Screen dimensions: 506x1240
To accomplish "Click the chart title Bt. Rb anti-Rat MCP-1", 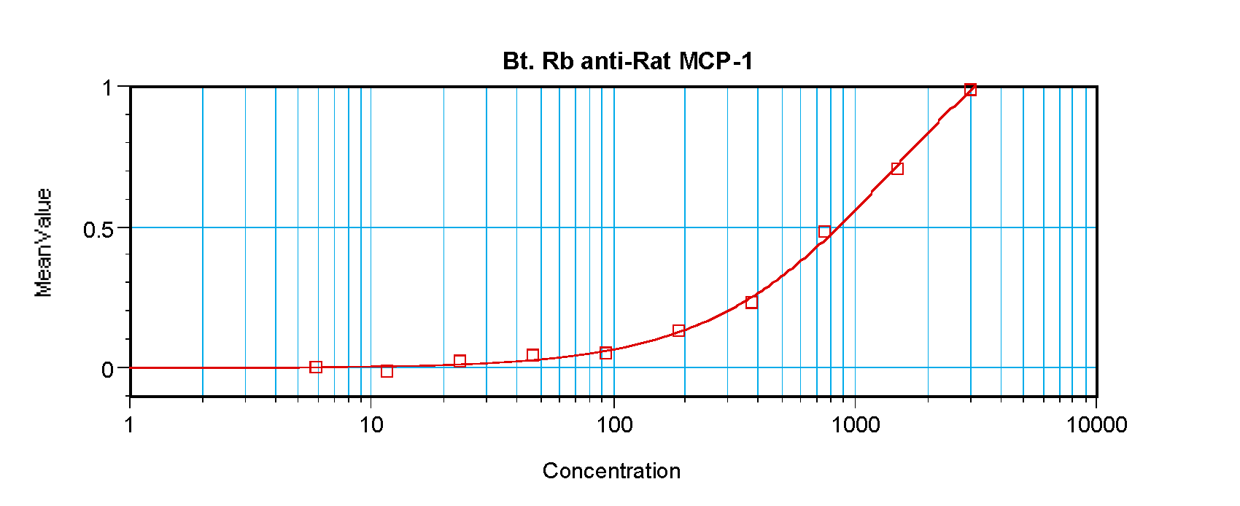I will click(x=627, y=61).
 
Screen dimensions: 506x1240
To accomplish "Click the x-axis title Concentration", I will click(x=611, y=471).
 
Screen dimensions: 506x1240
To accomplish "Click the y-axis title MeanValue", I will click(x=44, y=243).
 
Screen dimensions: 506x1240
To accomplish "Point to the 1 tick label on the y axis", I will click(x=108, y=88).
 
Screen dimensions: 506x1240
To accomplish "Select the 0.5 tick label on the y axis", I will click(x=98, y=230).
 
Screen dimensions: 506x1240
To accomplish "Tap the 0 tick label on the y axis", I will click(x=107, y=370).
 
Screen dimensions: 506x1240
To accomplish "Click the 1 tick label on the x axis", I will click(x=129, y=425).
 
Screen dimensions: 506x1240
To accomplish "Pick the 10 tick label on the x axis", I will click(x=371, y=425).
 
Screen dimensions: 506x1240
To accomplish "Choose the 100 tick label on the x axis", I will click(x=614, y=425).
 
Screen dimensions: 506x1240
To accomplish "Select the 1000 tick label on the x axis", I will click(x=856, y=425).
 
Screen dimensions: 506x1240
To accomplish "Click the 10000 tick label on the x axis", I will click(x=1096, y=425).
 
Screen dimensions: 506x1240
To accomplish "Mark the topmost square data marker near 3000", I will click(x=970, y=90).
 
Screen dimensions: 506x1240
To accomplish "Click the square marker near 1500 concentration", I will click(x=897, y=168).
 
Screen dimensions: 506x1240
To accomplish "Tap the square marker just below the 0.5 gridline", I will click(x=824, y=232).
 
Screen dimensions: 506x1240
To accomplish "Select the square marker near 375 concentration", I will click(x=751, y=302).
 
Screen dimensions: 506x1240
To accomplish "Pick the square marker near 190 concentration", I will click(x=678, y=331).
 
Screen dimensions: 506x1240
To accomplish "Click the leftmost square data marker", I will click(x=316, y=367).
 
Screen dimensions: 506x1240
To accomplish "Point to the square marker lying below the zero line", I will click(x=387, y=371).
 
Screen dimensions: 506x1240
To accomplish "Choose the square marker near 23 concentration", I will click(x=460, y=361).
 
